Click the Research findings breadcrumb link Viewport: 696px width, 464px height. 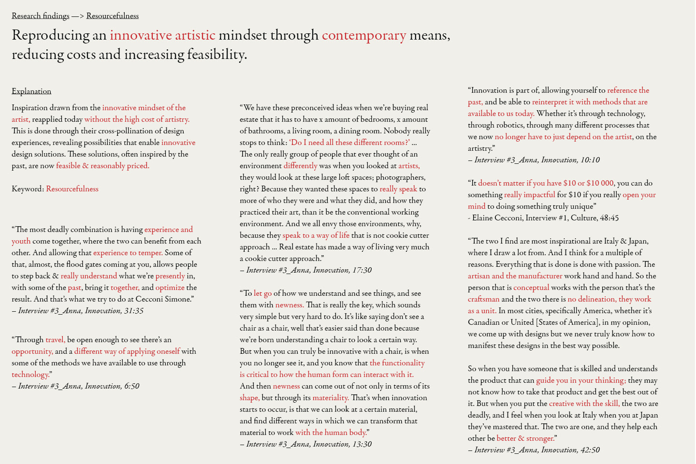[x=41, y=16]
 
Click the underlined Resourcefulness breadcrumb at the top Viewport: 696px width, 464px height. [x=112, y=16]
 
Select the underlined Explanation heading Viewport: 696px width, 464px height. [x=31, y=91]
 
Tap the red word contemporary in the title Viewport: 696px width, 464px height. [x=364, y=35]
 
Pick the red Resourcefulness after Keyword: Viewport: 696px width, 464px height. [x=72, y=189]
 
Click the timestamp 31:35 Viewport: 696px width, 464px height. [x=133, y=311]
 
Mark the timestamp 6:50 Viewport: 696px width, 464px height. [x=131, y=386]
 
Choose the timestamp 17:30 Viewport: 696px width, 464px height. [x=362, y=270]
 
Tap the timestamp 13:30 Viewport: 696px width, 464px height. [x=362, y=444]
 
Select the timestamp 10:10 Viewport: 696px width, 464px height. [x=590, y=160]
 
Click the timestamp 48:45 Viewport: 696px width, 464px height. [x=609, y=218]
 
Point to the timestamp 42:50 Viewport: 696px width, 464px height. [x=590, y=450]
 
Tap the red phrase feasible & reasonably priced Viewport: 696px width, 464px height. [x=102, y=166]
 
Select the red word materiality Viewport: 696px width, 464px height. [x=331, y=398]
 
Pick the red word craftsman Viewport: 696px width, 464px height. [x=483, y=299]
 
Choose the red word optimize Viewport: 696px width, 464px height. [x=170, y=288]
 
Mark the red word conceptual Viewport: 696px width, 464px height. [x=531, y=288]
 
